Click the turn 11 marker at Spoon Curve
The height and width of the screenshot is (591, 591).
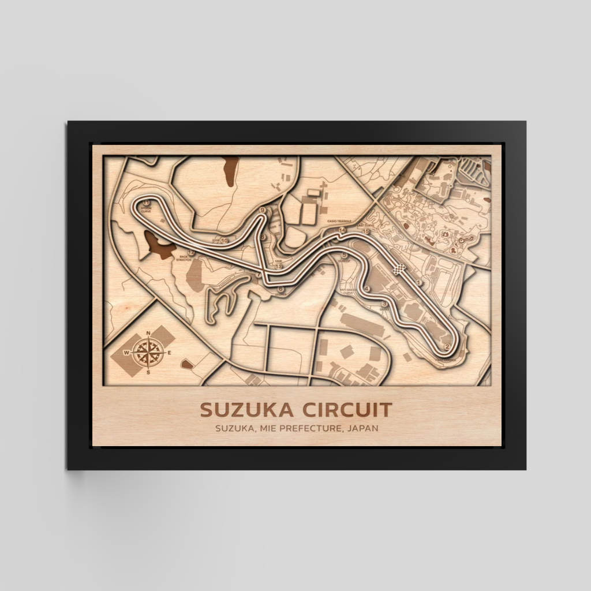147,203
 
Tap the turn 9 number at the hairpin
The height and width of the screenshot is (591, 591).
263,211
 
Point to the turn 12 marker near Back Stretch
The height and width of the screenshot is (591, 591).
190,253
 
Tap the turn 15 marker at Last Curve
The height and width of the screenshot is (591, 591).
365,231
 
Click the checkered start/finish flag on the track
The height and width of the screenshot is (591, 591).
398,268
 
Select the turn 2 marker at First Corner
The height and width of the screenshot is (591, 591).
447,346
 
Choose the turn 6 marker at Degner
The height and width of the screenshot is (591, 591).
280,289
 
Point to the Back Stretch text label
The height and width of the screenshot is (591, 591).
184,259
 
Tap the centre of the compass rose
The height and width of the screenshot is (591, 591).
149,351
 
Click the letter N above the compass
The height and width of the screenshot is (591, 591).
149,333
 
